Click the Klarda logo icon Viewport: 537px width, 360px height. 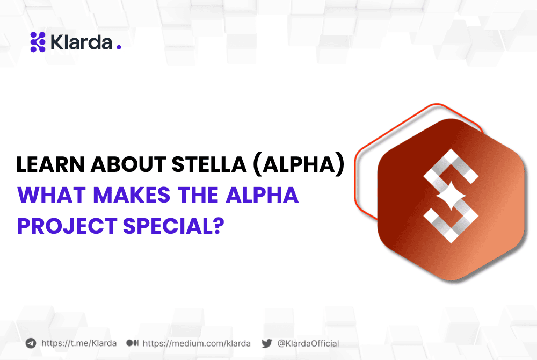[38, 42]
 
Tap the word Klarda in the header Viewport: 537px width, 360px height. [81, 42]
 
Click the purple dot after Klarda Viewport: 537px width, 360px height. [119, 47]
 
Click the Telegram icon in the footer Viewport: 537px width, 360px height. [31, 343]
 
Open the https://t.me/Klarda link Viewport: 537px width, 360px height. [78, 343]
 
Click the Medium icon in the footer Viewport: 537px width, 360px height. [133, 343]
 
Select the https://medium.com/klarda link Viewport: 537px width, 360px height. [197, 343]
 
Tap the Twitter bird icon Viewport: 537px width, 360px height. [266, 343]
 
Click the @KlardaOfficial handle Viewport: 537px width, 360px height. [308, 343]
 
